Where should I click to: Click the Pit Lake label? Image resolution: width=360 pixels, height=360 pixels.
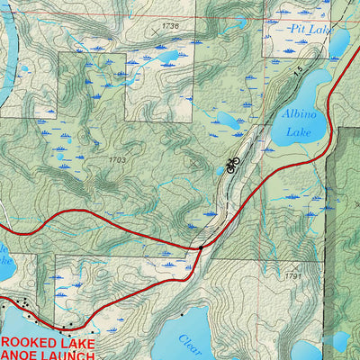pos(307,30)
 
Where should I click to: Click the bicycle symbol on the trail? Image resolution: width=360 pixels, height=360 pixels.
pos(233,164)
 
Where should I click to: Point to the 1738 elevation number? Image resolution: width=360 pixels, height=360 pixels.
pos(171,27)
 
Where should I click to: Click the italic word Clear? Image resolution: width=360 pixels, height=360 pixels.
pos(187,341)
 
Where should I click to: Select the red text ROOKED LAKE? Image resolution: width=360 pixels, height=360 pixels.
pos(47,341)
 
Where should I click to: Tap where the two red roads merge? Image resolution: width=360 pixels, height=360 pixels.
pos(199,246)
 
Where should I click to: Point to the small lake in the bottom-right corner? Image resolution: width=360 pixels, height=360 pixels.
pos(340,342)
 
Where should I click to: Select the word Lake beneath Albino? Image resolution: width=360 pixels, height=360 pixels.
pos(298,132)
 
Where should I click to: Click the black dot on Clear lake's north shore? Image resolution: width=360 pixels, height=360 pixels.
pos(183,315)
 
